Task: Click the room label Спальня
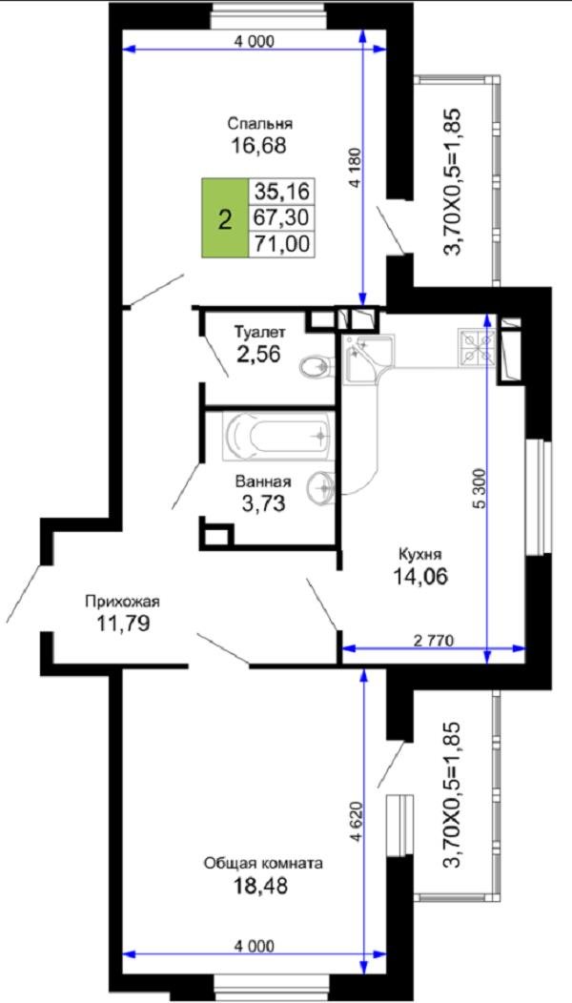[259, 123]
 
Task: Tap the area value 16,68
[258, 146]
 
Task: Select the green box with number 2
[224, 218]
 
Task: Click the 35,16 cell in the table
[282, 191]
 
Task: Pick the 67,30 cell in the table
[282, 217]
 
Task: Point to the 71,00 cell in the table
[282, 244]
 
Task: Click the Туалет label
[259, 333]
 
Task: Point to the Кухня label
[419, 553]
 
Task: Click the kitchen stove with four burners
[476, 346]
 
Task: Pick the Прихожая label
[122, 602]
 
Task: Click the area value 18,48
[262, 886]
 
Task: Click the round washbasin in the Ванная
[324, 487]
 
